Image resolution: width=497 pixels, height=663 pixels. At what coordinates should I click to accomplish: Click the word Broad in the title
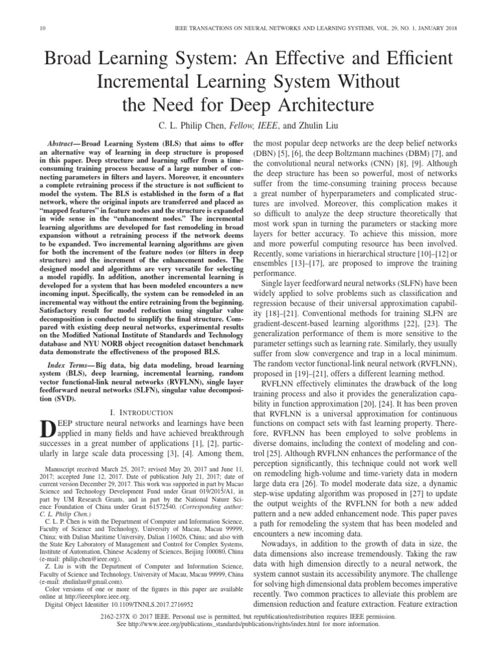pos(67,60)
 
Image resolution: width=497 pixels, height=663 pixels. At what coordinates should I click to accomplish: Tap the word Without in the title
pos(372,82)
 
